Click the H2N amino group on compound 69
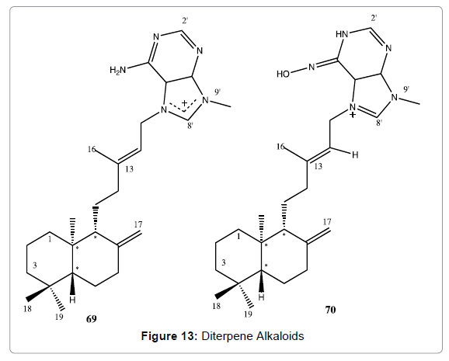click(118, 70)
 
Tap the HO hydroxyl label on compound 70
click(283, 75)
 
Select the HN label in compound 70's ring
click(342, 34)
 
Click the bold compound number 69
click(92, 318)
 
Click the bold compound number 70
click(330, 310)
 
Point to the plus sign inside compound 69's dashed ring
click(185, 102)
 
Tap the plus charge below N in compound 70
click(353, 115)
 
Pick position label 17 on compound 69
click(138, 224)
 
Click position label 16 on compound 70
click(281, 147)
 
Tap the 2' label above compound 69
click(185, 21)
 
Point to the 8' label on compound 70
click(379, 123)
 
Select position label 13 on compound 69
click(130, 169)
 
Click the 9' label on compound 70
click(406, 89)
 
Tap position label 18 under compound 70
click(217, 306)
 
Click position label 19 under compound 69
click(59, 317)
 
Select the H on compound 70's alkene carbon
click(355, 155)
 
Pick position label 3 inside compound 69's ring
click(35, 265)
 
